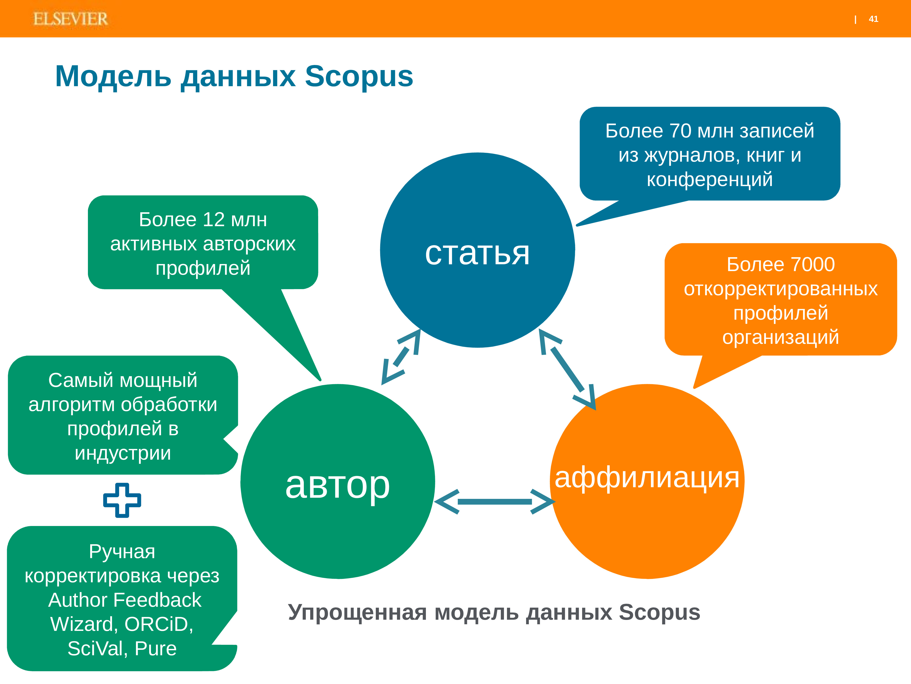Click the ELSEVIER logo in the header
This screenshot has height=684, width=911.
(70, 19)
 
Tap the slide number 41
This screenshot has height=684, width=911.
(873, 19)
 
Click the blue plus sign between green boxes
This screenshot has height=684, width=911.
(122, 500)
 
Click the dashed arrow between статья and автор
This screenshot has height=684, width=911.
(401, 357)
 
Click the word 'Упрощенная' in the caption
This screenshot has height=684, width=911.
(357, 613)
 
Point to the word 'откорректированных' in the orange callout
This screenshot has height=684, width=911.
(780, 289)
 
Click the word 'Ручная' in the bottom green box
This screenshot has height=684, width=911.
(122, 552)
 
